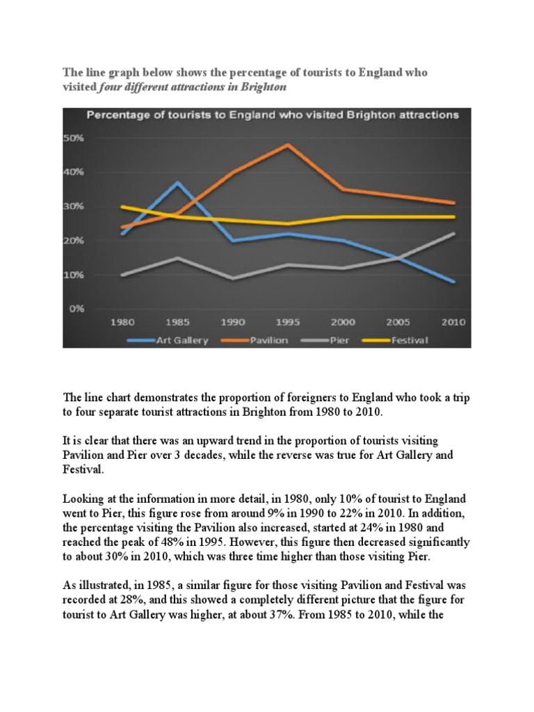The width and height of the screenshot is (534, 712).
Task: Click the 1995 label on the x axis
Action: point(288,323)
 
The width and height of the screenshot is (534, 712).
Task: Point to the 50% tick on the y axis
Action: point(74,138)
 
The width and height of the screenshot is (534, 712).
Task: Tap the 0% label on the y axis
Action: point(76,309)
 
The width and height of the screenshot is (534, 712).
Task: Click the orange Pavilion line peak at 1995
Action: point(288,145)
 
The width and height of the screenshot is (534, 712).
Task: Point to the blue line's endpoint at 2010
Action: point(453,282)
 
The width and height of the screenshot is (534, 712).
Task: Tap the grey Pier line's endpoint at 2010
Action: point(453,234)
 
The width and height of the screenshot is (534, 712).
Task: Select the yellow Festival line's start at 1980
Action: point(122,207)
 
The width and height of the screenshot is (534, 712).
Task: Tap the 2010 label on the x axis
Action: point(453,323)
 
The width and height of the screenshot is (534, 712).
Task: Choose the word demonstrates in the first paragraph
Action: point(149,396)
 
